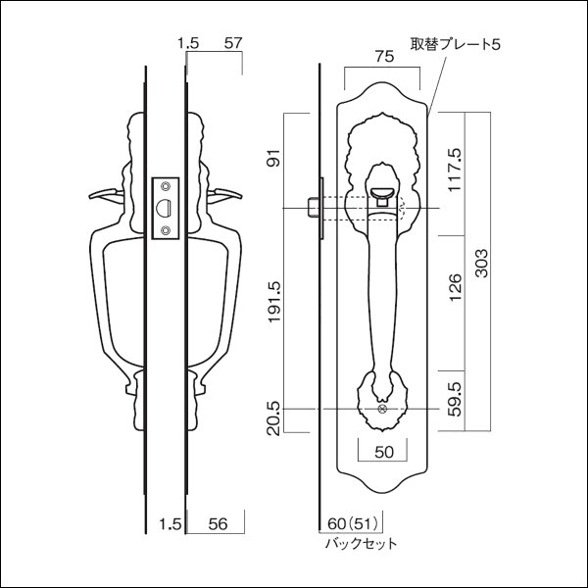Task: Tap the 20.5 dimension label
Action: point(273,422)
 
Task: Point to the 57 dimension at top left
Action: point(233,43)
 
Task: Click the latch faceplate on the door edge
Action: point(166,208)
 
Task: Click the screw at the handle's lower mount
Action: point(382,409)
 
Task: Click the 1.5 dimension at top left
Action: point(189,43)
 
